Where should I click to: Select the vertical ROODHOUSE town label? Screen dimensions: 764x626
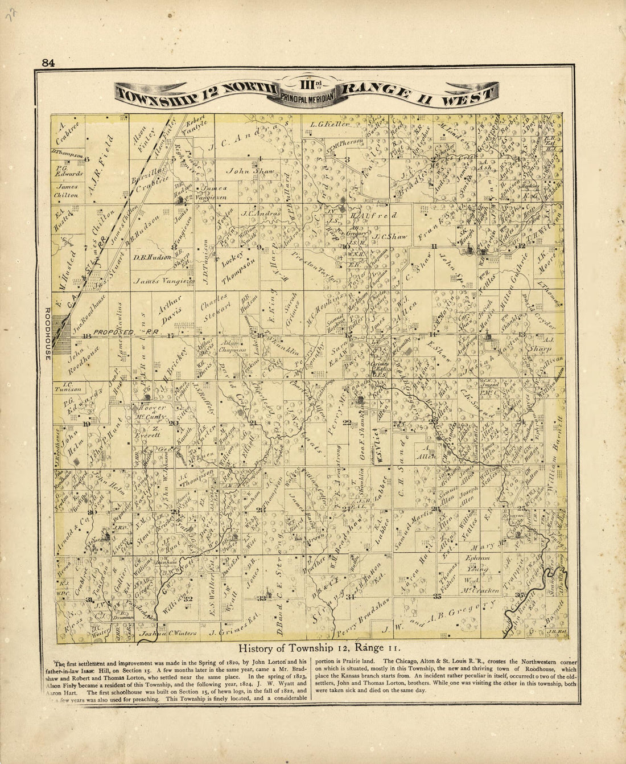point(48,334)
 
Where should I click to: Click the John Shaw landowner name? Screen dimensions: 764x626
point(251,170)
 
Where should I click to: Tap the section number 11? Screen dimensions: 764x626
point(434,246)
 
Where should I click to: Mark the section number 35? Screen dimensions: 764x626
point(437,597)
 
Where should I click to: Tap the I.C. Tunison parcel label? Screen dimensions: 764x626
point(69,387)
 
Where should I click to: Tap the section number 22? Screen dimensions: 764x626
point(347,422)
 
